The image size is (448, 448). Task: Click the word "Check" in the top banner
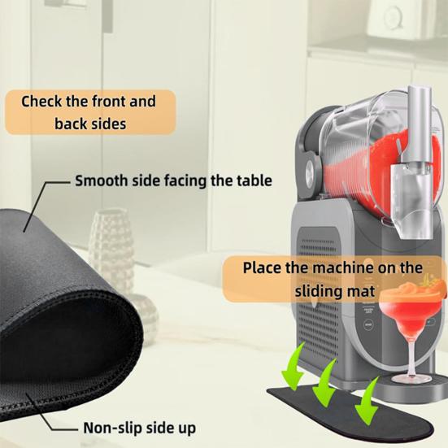point(42,102)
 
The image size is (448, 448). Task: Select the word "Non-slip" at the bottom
point(111,427)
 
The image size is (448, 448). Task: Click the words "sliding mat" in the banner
point(334,290)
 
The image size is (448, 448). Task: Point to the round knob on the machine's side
point(310,172)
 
